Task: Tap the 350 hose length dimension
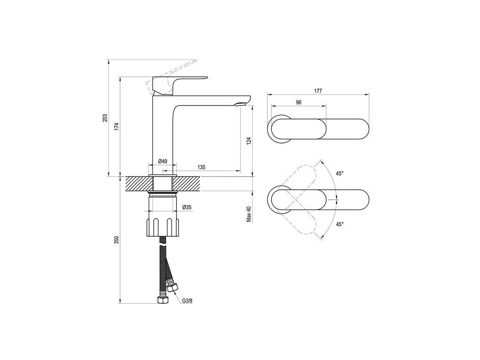tap(117, 240)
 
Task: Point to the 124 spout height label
tap(249, 140)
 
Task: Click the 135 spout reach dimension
tap(201, 167)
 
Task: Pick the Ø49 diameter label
tap(162, 161)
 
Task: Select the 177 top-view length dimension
tap(318, 91)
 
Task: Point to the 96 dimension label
tap(298, 103)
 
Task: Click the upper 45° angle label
tap(339, 173)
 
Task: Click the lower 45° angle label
tap(339, 224)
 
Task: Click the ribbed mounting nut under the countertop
tap(162, 227)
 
